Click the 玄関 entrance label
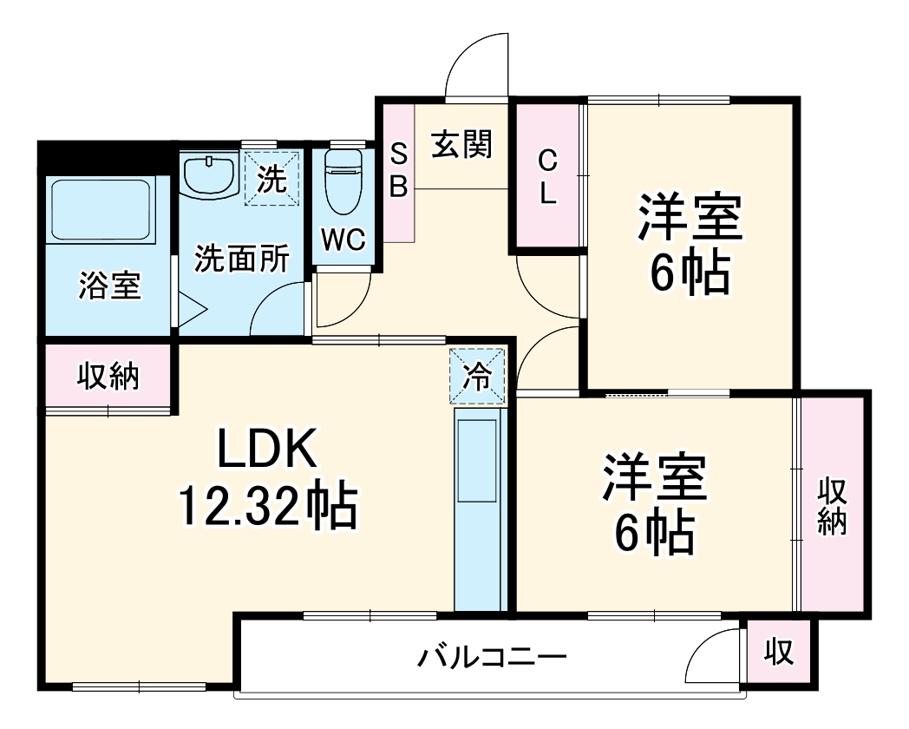[x=462, y=144]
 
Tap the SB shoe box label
[x=398, y=172]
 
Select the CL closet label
[x=547, y=176]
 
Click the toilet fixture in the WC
[x=343, y=183]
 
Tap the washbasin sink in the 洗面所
[x=209, y=176]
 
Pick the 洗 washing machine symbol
[x=272, y=180]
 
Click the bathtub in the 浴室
[x=99, y=211]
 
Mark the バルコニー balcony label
[x=492, y=657]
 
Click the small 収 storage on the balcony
[x=779, y=653]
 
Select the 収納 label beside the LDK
[x=108, y=376]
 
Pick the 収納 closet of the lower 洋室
[x=832, y=506]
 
